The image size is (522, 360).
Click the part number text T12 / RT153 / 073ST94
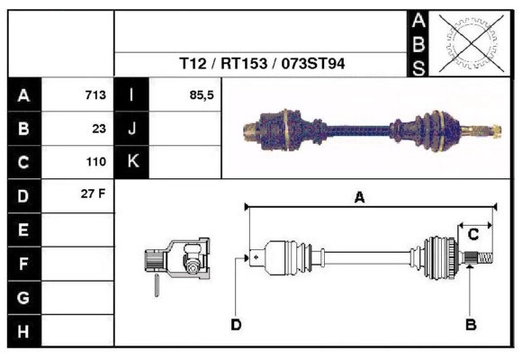(262, 64)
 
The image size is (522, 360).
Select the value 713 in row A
(95, 94)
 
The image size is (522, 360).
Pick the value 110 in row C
(95, 162)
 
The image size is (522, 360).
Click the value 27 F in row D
(94, 194)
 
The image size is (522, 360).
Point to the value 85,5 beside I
(202, 94)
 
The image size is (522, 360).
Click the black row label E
(22, 229)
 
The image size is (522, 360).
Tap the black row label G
(22, 297)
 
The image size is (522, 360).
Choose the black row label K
(132, 162)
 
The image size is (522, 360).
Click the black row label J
(132, 128)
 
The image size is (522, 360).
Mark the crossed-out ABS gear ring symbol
(466, 43)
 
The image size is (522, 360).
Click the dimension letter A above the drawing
(358, 197)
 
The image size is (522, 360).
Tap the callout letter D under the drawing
(235, 323)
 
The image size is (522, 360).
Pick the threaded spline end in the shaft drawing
(481, 260)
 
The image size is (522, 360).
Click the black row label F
(22, 264)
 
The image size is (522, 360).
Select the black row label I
(132, 94)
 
